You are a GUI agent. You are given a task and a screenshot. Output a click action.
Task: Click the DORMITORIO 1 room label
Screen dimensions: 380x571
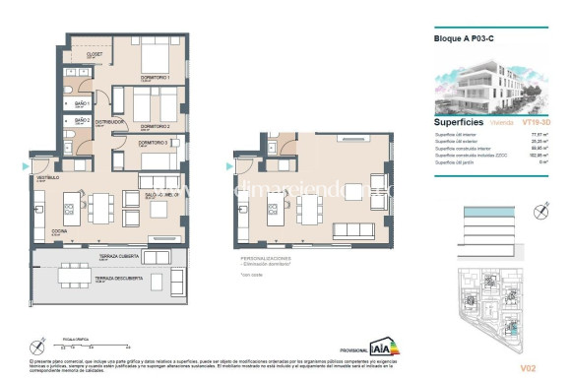(156, 78)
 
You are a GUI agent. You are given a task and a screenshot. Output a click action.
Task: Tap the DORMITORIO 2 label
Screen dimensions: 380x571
(156, 126)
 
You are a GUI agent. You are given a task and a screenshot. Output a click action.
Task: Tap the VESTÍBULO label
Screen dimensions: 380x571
(49, 177)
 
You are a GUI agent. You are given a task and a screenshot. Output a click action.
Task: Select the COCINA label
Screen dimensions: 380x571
(58, 233)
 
